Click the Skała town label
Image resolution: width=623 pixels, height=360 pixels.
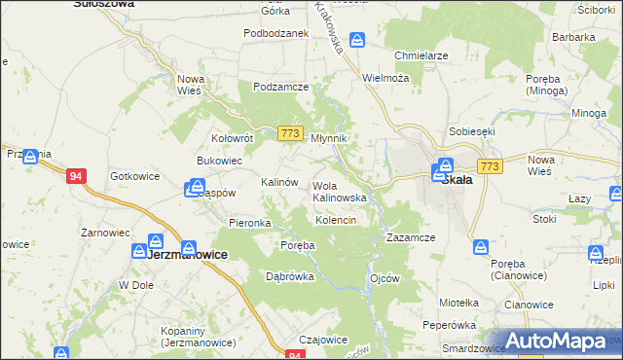(x=458, y=180)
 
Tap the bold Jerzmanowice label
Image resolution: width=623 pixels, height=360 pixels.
(x=187, y=254)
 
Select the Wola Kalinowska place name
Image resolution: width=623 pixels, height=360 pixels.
(x=339, y=192)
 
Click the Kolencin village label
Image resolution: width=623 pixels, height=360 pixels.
(x=336, y=221)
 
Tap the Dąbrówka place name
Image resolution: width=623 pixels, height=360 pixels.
(x=290, y=275)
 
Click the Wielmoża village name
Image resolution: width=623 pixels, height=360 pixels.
(x=385, y=77)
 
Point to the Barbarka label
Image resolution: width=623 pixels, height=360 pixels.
(x=573, y=37)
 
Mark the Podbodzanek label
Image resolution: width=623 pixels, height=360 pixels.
(x=276, y=32)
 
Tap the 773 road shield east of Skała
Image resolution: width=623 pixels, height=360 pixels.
(x=490, y=167)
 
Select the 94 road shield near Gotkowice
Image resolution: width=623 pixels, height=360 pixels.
(x=76, y=176)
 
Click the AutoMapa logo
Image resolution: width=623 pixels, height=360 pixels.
(x=555, y=341)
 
